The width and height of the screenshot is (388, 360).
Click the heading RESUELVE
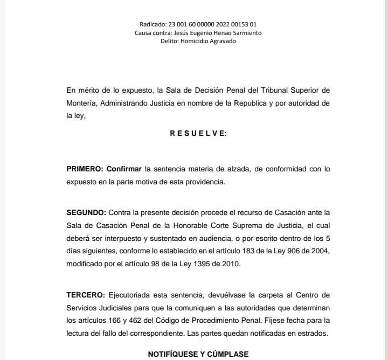pos(198,134)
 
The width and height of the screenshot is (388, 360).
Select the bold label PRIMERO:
pos(85,169)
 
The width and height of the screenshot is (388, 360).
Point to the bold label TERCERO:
pos(86,295)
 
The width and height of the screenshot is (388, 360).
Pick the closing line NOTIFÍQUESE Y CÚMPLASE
pos(198,354)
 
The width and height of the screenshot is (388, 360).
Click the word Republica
pos(244,102)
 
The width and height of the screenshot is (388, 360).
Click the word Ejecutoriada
pos(131,295)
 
